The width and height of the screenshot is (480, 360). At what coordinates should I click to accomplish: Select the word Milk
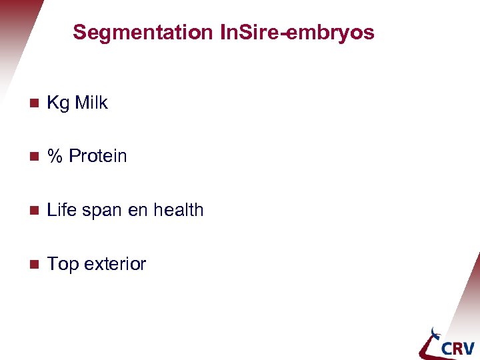pos(91,103)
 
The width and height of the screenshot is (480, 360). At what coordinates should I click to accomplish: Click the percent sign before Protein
pos(55,156)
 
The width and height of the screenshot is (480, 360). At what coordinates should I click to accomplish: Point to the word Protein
pos(97,156)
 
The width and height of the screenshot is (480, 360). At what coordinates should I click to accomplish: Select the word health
pos(178,210)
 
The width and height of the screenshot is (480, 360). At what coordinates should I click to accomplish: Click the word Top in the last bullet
pos(63,264)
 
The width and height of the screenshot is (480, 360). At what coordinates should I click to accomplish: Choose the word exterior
pos(115,264)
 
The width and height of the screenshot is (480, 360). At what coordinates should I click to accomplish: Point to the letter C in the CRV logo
pos(436,348)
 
